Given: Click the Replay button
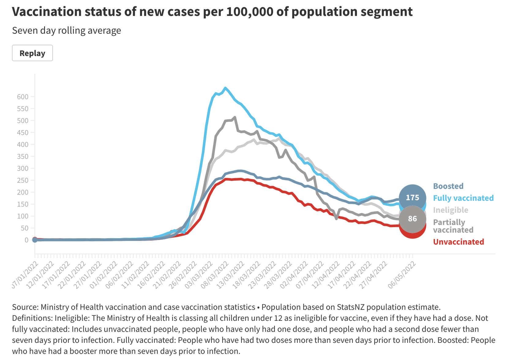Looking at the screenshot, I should click(32, 53).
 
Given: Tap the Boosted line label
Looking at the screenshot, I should click(448, 186).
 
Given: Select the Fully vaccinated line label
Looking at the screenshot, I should click(463, 198).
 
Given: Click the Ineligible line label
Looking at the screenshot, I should click(451, 210).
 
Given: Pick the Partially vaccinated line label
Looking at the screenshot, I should click(453, 226).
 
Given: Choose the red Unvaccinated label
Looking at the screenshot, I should click(458, 242).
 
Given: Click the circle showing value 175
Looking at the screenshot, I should click(412, 198).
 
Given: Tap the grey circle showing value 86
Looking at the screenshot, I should click(412, 219).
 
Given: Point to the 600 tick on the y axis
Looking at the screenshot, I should click(23, 97).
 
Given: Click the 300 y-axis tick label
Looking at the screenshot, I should click(23, 168).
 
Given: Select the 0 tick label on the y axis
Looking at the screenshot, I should click(26, 240).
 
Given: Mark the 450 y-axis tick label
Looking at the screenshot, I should click(23, 133).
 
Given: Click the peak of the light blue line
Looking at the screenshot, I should click(225, 88).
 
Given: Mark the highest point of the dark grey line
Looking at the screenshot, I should click(234, 117).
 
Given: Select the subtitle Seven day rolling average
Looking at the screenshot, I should click(66, 31).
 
